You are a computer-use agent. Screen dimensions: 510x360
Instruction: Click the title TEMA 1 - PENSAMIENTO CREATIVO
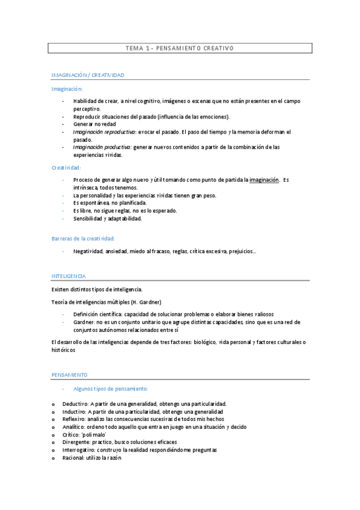[x=179, y=48]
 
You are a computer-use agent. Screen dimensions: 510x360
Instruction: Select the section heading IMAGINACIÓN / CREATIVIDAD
[x=87, y=75]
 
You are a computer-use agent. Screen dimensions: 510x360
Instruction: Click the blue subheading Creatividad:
[x=66, y=168]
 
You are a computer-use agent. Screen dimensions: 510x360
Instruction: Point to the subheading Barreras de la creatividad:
[x=82, y=238]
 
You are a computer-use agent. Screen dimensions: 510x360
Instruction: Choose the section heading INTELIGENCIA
[x=69, y=276]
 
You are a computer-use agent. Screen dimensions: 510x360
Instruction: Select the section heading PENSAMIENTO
[x=70, y=374]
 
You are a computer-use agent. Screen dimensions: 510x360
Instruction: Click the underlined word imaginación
[x=264, y=179]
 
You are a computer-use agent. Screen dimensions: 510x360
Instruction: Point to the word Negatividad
[x=88, y=251]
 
